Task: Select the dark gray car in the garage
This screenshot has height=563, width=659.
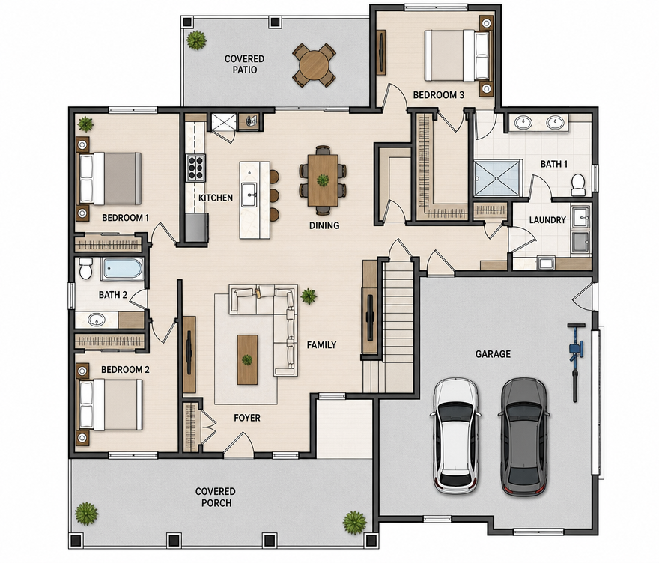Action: pos(524,436)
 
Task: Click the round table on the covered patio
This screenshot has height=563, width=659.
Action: pos(314,64)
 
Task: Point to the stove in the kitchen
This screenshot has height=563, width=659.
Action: pos(195,168)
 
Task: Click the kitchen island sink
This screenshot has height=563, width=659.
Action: pos(249,195)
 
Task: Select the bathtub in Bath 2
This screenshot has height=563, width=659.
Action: pos(123,269)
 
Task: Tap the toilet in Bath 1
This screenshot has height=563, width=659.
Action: pos(578,185)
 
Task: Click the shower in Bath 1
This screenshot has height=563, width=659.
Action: pos(498,177)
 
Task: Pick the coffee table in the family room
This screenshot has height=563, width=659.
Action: pos(247,359)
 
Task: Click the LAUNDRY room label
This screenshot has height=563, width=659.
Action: pos(547,220)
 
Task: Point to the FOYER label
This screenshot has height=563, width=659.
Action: pos(247,418)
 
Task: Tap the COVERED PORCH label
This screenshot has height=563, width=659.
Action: pos(216,497)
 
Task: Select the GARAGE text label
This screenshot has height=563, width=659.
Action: pos(493,354)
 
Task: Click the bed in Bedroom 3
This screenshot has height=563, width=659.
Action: pos(458,55)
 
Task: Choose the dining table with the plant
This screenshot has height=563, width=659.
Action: pos(323,180)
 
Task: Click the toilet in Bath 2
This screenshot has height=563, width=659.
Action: pos(85,268)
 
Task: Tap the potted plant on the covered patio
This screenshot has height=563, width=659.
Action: pos(197,40)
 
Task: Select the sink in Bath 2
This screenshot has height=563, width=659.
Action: pos(97,320)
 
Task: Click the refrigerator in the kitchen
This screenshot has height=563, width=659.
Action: pos(197,228)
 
